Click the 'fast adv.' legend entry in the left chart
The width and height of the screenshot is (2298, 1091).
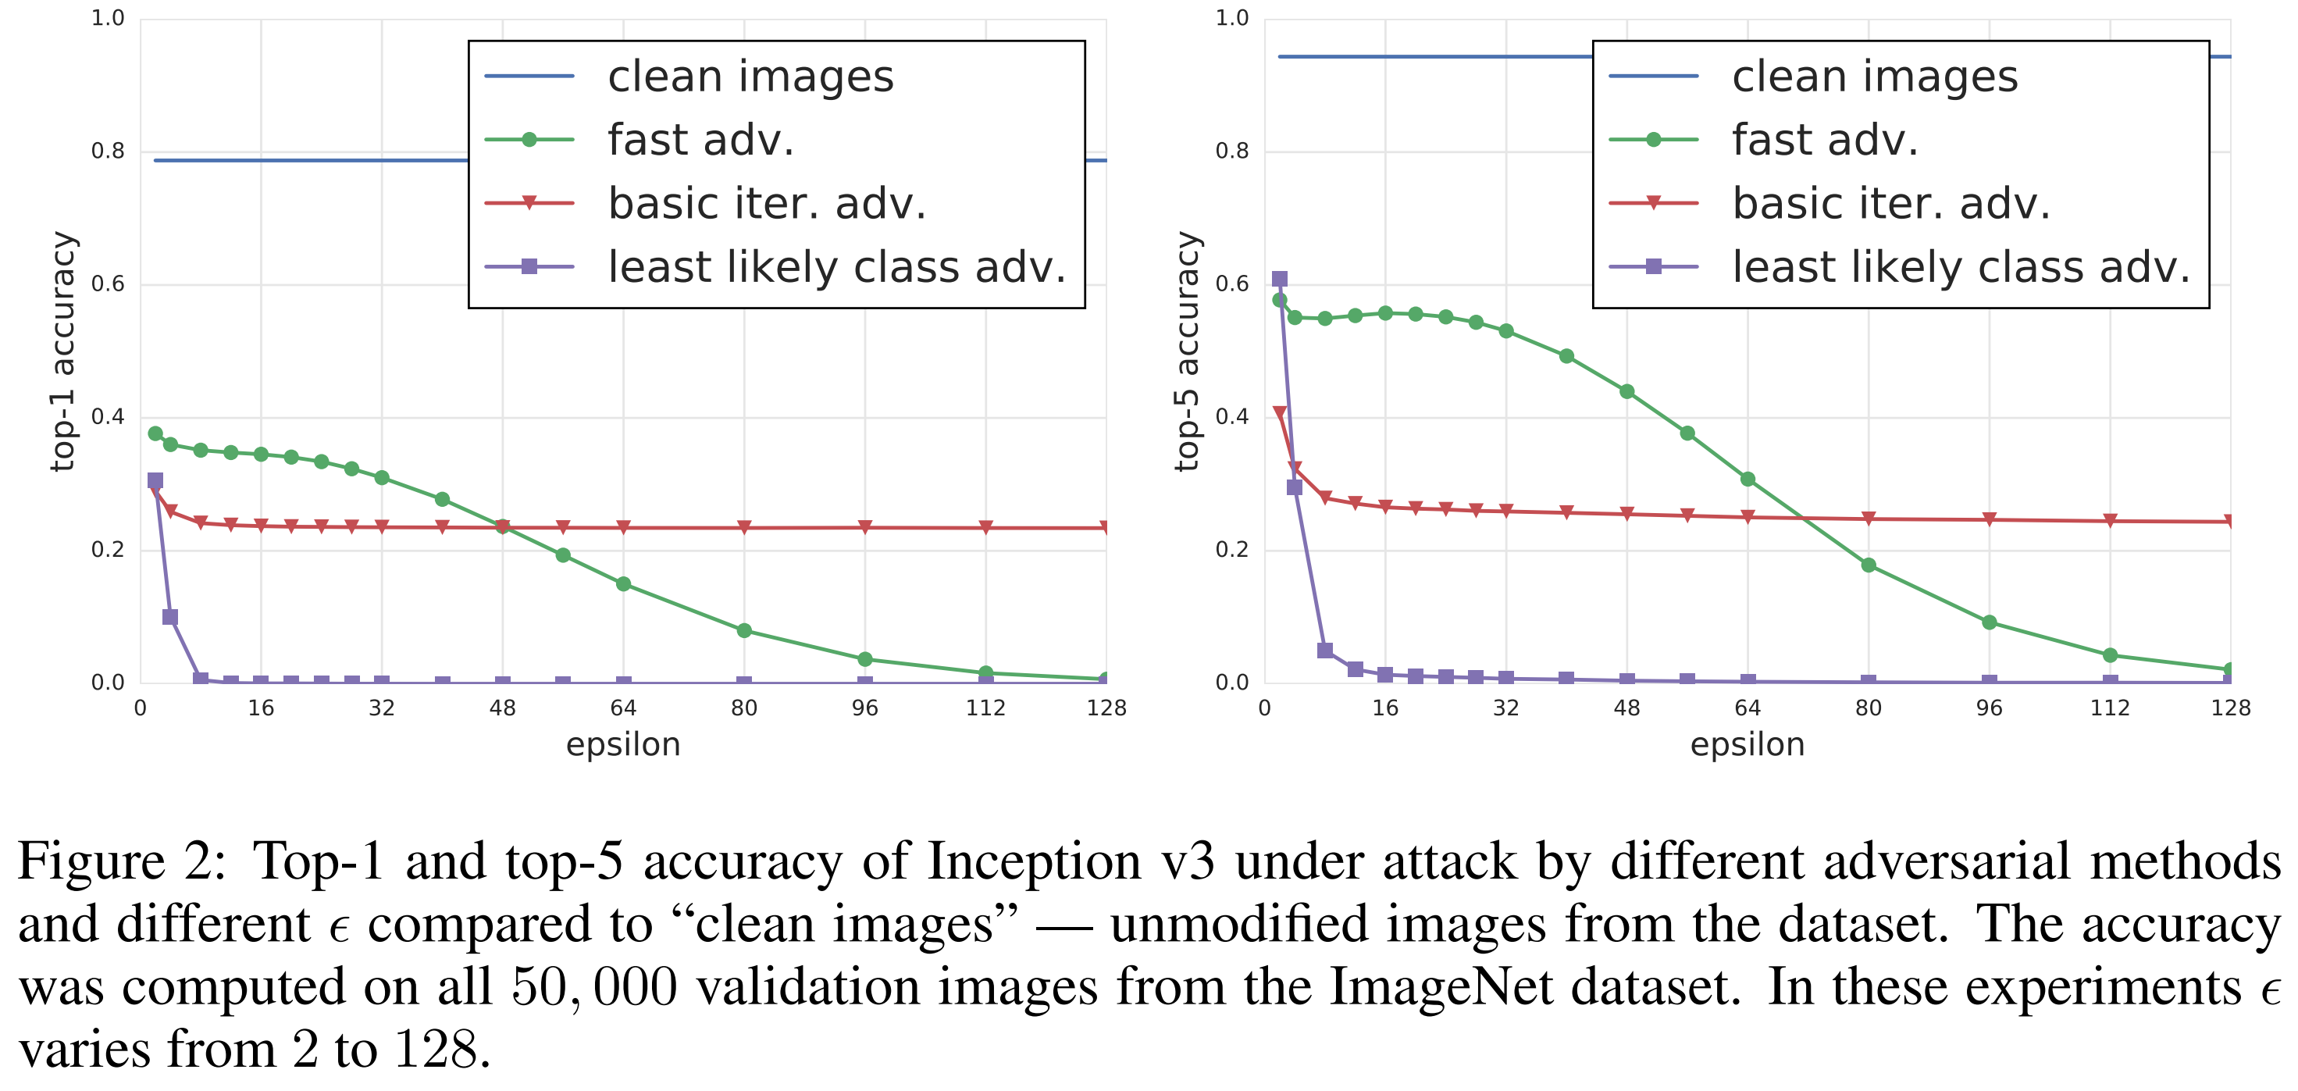tap(700, 140)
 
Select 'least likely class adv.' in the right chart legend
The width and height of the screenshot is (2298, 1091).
tap(1960, 267)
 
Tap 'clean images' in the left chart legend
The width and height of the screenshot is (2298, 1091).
tap(750, 77)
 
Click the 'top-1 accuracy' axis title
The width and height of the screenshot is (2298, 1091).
tap(63, 351)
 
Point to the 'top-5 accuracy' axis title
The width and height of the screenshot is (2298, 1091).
tap(1188, 351)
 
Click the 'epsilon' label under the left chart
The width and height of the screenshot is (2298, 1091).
tap(622, 744)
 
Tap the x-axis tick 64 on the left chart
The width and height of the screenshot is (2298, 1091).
tap(622, 708)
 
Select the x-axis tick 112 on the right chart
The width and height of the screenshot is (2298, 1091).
tap(2109, 708)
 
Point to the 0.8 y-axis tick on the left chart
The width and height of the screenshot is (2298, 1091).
tap(108, 152)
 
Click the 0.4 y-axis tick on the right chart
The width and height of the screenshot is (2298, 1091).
tap(1232, 416)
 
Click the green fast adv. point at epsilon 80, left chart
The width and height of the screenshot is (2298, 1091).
tap(744, 631)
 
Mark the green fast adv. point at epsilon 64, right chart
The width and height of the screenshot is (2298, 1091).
tap(1748, 479)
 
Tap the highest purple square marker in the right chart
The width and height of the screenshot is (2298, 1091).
tap(1279, 280)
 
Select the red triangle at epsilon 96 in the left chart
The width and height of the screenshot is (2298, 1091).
tap(864, 527)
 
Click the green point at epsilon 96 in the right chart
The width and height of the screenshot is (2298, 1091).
tap(1989, 622)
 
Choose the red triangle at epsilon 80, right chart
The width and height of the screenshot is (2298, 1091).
tap(1868, 519)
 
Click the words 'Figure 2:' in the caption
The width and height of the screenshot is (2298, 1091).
tap(123, 861)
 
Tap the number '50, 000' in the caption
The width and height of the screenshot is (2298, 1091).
tap(594, 986)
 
